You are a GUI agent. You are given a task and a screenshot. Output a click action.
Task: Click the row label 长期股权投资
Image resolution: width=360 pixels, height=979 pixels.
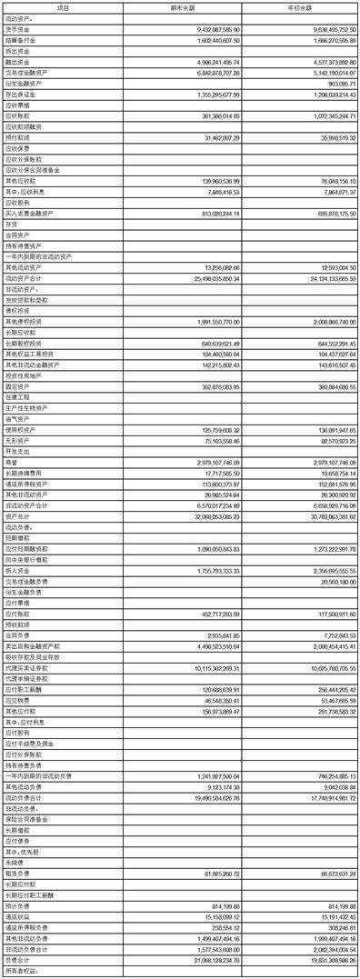click(23, 343)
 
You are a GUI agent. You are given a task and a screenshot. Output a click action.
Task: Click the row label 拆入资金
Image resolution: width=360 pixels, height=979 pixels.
click(17, 570)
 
